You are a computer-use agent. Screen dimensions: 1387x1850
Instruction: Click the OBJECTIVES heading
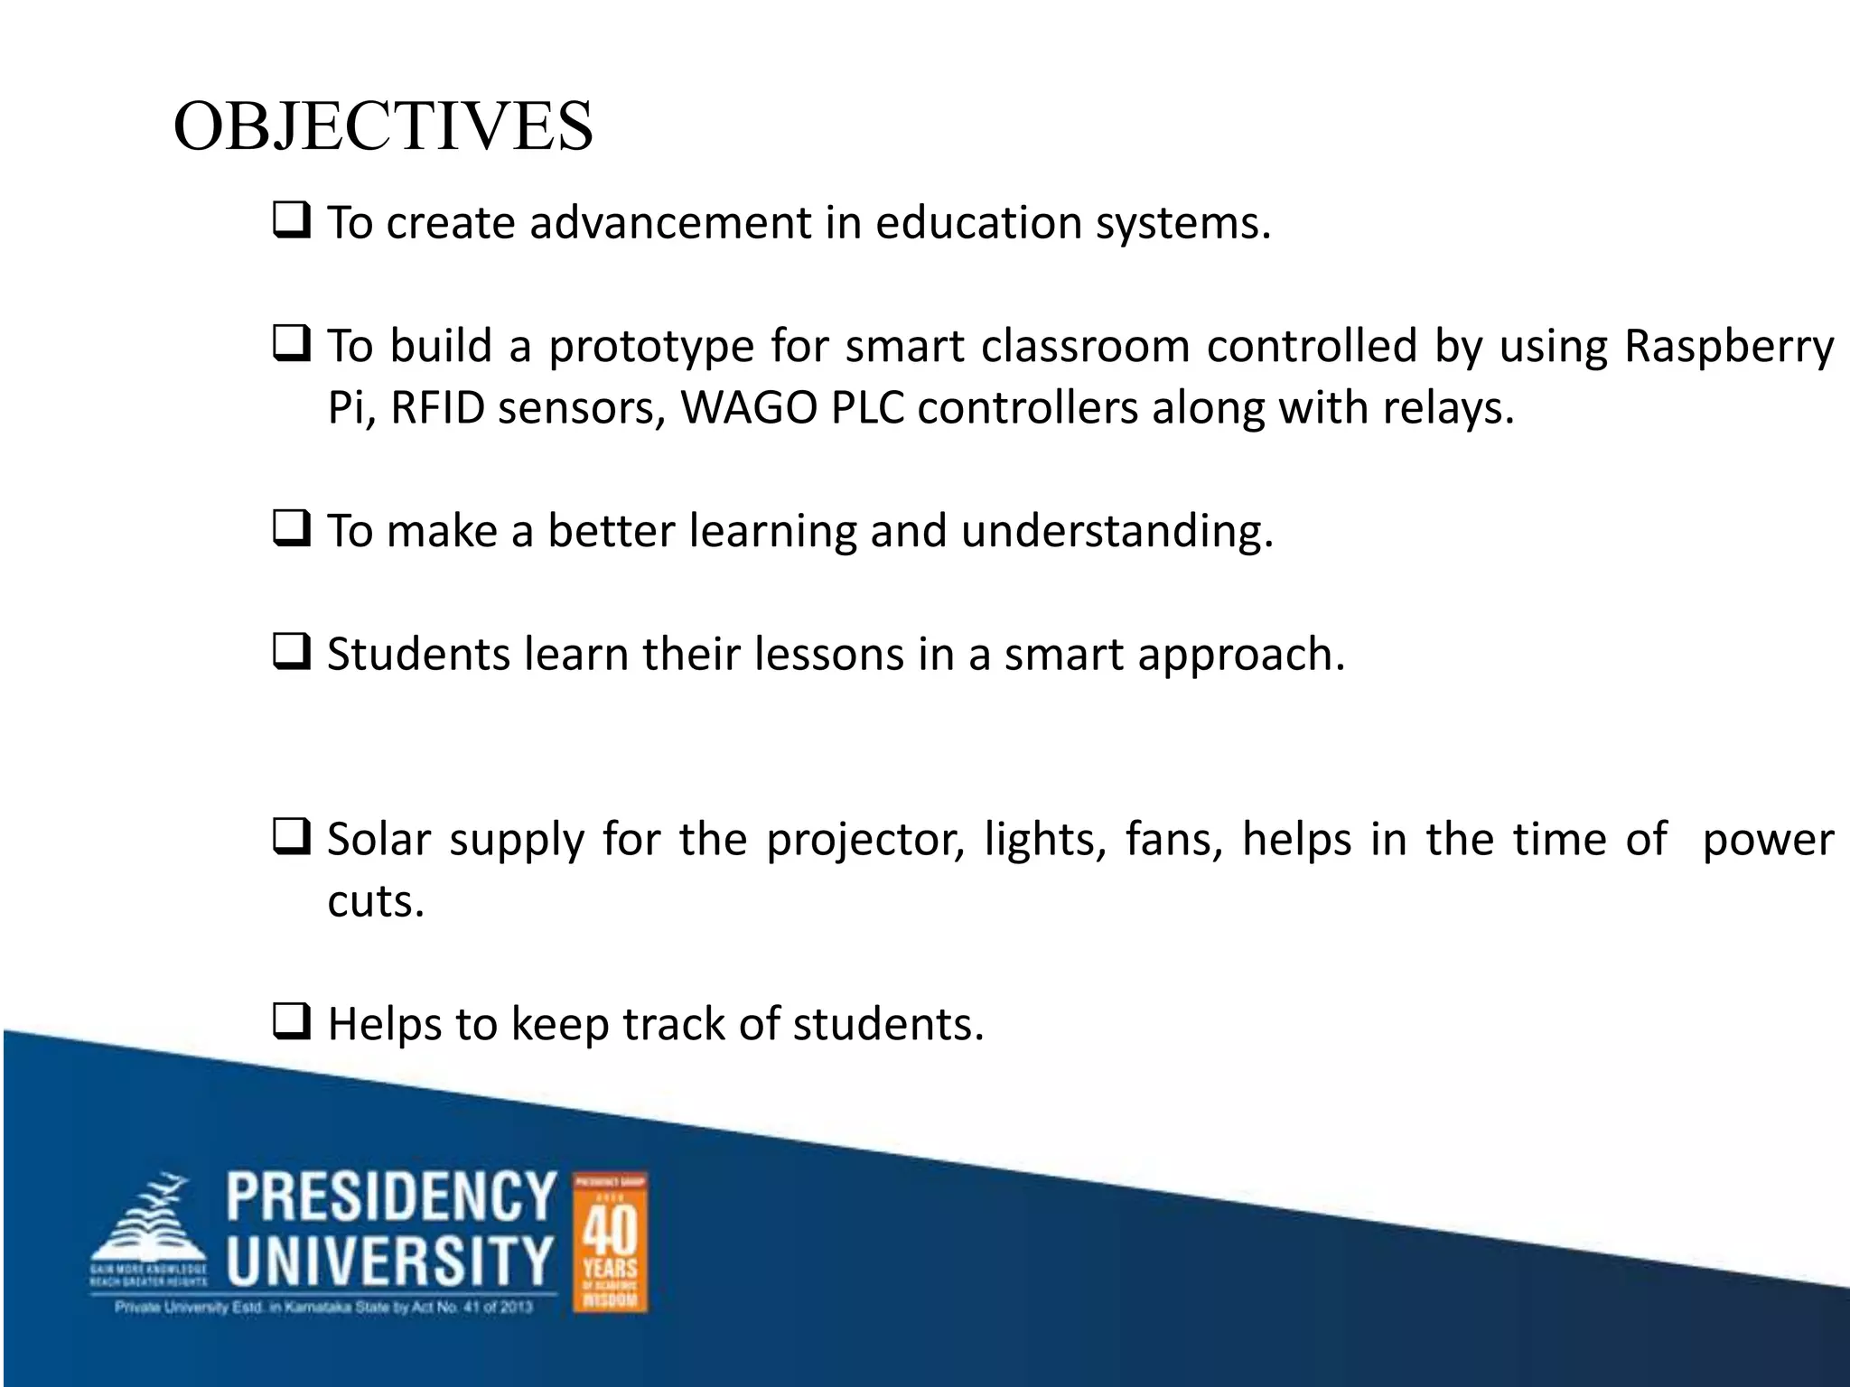coord(383,126)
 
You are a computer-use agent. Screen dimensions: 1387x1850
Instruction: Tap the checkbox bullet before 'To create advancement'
coord(292,220)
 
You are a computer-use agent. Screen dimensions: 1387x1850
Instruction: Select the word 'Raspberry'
coord(1729,347)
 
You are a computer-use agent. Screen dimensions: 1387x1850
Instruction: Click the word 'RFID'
coord(438,408)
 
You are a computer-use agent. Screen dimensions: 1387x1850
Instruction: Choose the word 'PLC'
coord(867,408)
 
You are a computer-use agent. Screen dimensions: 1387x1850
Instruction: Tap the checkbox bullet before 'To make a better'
coord(292,528)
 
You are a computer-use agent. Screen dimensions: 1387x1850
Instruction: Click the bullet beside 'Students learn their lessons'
coord(292,652)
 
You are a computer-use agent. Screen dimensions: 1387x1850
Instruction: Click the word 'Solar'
coord(379,839)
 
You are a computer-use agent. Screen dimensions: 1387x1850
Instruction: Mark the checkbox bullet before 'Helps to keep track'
coord(292,1022)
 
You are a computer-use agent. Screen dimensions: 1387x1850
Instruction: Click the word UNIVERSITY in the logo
coord(390,1261)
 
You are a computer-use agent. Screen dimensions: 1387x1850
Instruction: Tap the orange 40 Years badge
coord(611,1243)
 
